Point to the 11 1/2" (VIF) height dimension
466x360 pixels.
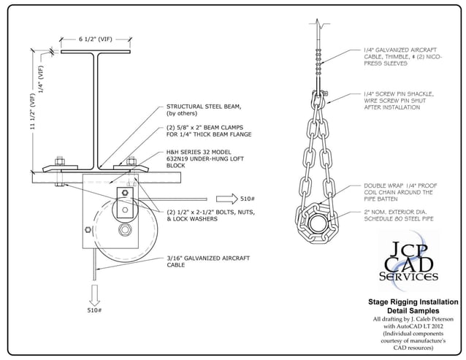coord(31,117)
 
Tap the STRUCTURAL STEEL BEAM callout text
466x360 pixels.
coord(191,110)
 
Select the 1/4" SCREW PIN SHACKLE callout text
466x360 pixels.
coord(398,101)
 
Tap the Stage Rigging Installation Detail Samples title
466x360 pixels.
coord(413,306)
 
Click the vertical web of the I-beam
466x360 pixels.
coord(96,110)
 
